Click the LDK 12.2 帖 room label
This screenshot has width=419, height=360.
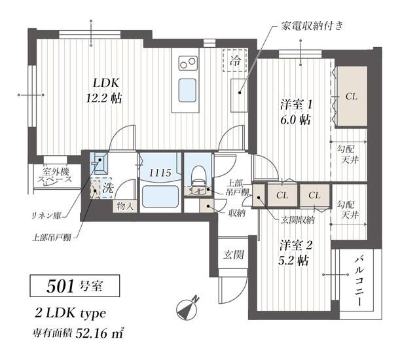coord(104,91)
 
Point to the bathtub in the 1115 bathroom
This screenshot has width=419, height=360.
coord(160,196)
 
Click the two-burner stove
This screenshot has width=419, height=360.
coord(188,63)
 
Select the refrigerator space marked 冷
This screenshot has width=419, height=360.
coord(234,61)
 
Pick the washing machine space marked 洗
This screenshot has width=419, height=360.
coord(107,188)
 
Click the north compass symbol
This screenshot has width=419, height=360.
coord(188,308)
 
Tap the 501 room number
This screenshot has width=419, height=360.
coord(60,286)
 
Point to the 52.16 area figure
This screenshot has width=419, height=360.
coord(92,333)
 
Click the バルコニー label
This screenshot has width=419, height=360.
coord(359,280)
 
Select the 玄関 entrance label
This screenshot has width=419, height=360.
coord(234,255)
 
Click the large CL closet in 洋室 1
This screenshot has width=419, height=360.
coord(352,96)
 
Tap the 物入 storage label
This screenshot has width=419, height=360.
coord(125,206)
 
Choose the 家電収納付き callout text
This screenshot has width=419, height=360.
coord(312,26)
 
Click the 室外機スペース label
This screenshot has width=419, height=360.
coord(55,175)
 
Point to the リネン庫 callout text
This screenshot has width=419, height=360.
coord(46,215)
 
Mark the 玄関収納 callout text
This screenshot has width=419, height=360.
coord(297,220)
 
